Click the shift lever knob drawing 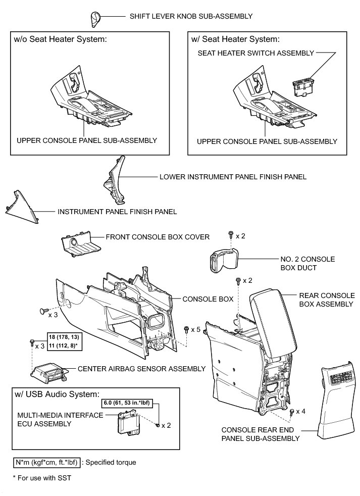96,18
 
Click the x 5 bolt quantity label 195,329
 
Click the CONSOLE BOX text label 208,299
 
